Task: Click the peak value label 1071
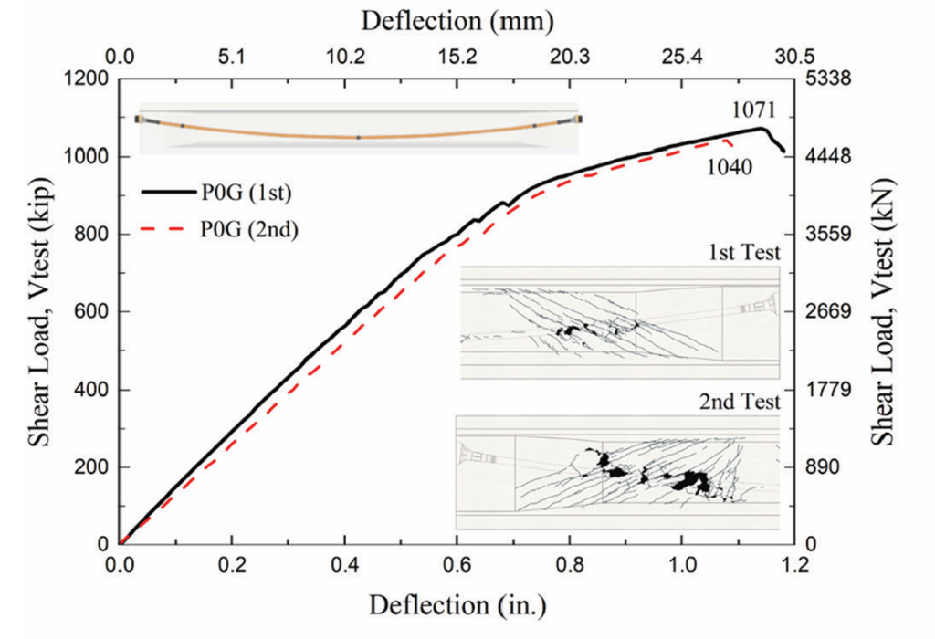pyautogui.click(x=753, y=110)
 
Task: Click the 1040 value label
pyautogui.click(x=728, y=166)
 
